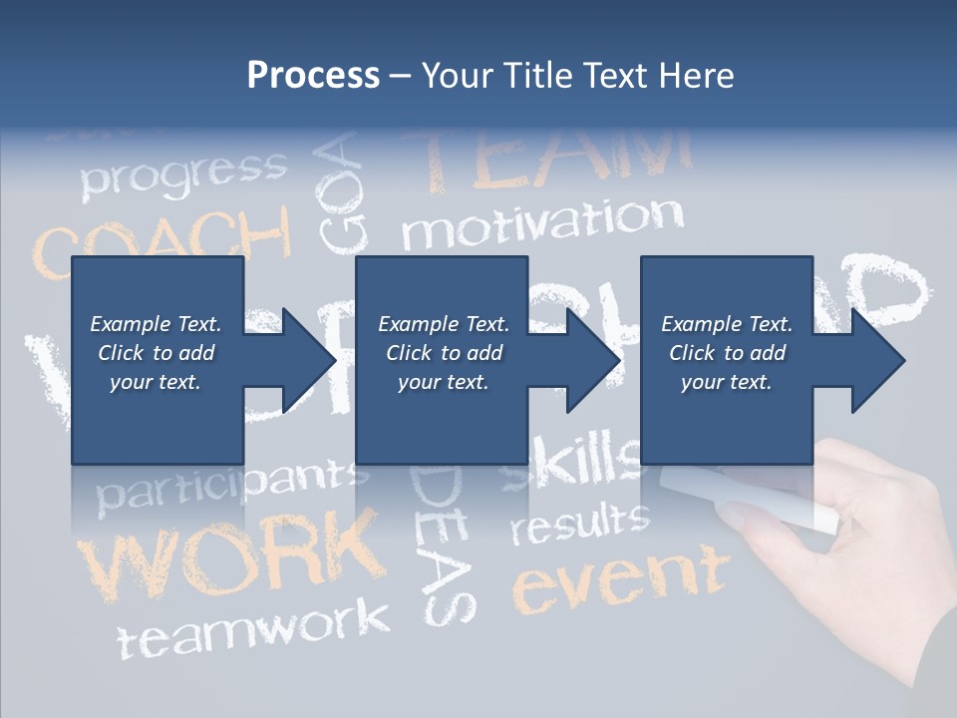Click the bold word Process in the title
(x=313, y=76)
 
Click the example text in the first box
(x=156, y=353)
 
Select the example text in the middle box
(x=444, y=353)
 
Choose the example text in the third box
(x=727, y=353)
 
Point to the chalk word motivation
(x=542, y=223)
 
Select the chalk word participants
(x=224, y=485)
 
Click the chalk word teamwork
(x=254, y=628)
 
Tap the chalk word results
(x=579, y=523)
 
